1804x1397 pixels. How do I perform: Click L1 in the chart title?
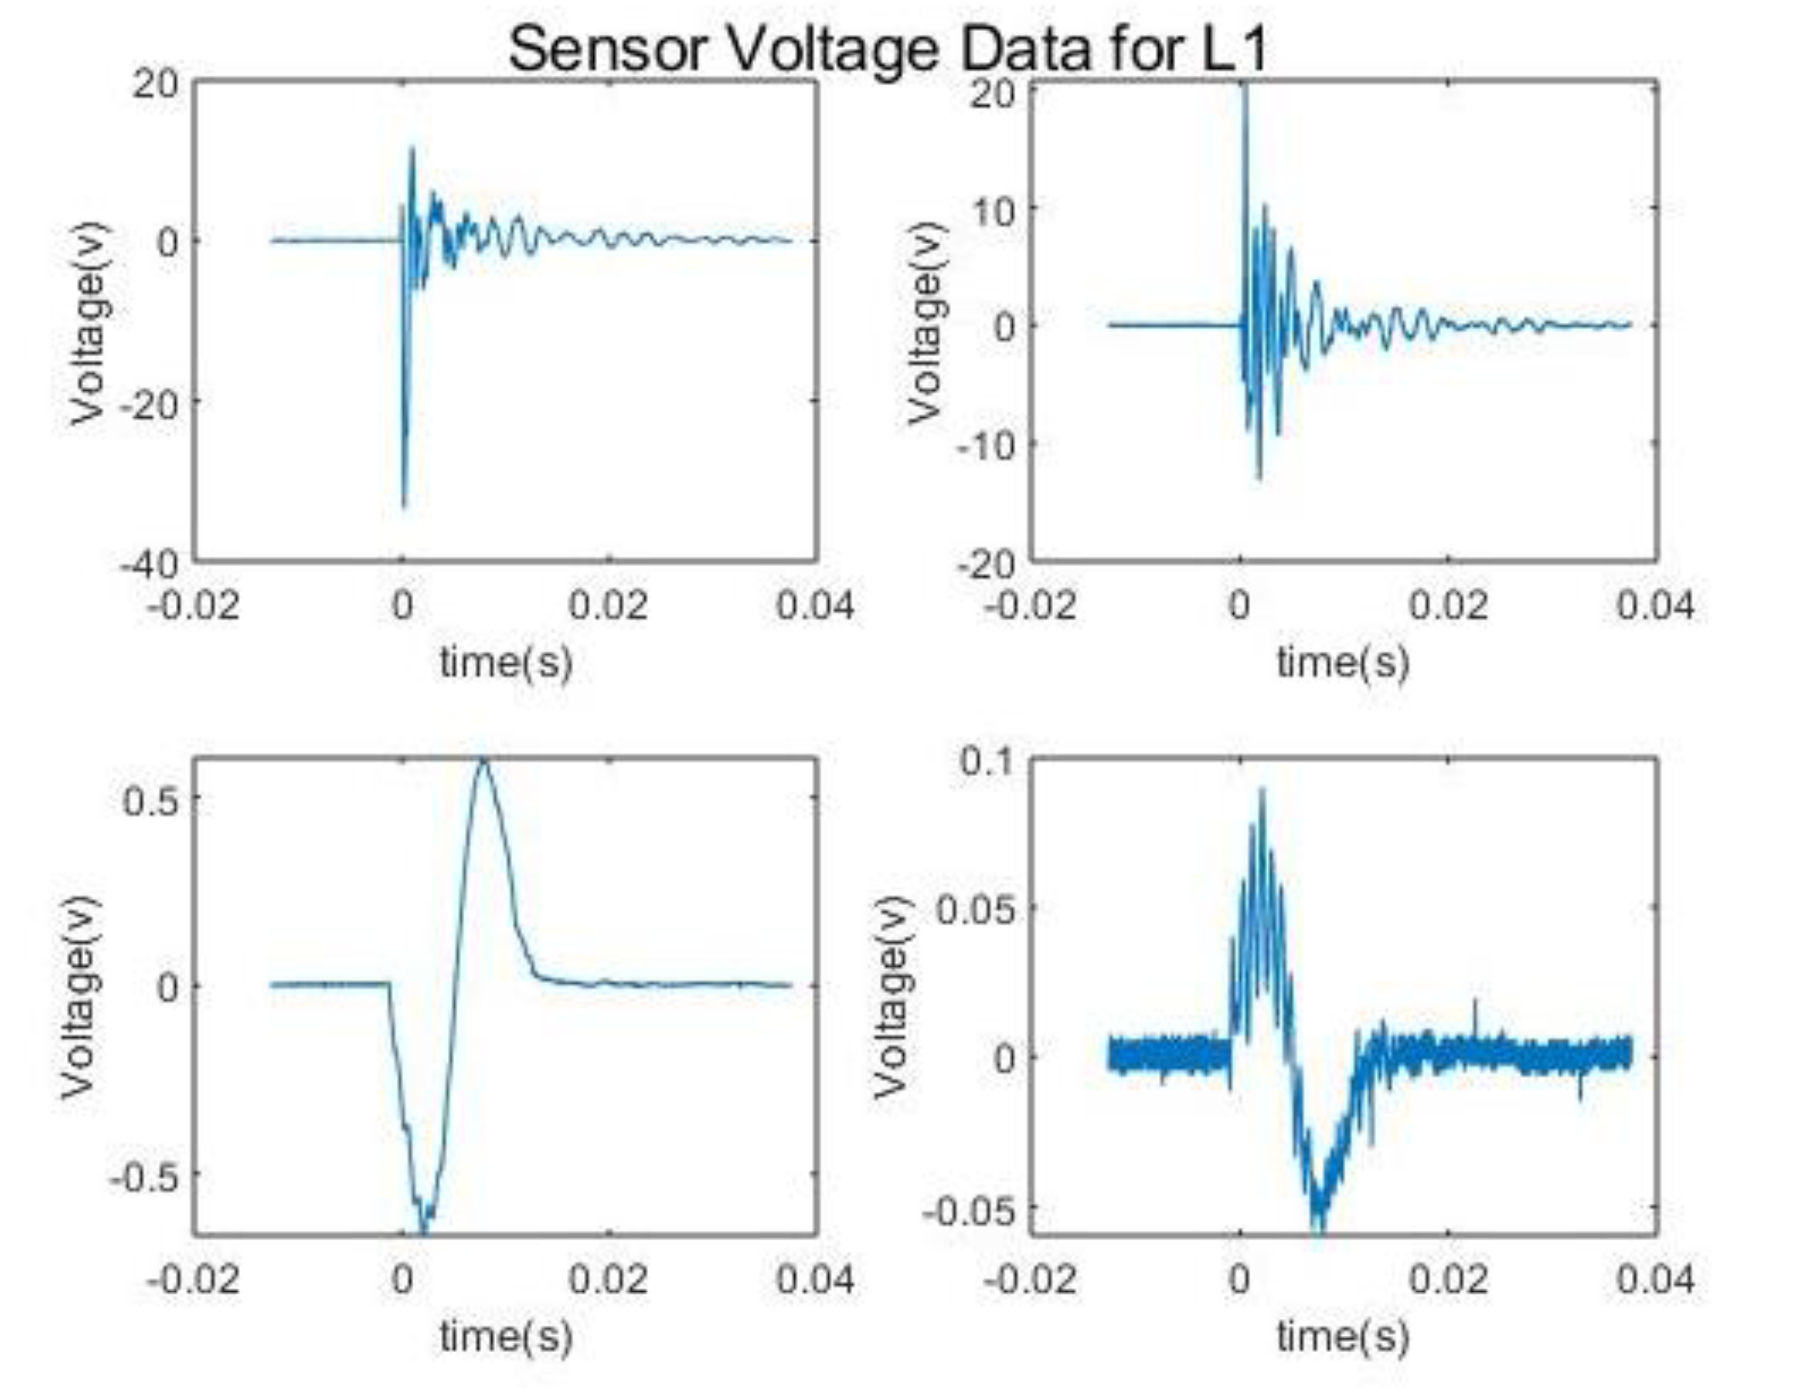point(1232,49)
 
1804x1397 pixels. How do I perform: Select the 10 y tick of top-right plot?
point(993,211)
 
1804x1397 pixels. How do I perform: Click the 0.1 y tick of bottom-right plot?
point(987,760)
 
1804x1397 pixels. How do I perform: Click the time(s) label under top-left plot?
point(505,663)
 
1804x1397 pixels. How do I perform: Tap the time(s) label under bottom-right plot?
point(1343,1337)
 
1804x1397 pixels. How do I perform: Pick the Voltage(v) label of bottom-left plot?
point(80,996)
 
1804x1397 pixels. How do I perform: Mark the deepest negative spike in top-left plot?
point(404,505)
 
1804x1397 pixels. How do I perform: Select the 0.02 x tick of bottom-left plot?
point(608,1280)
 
